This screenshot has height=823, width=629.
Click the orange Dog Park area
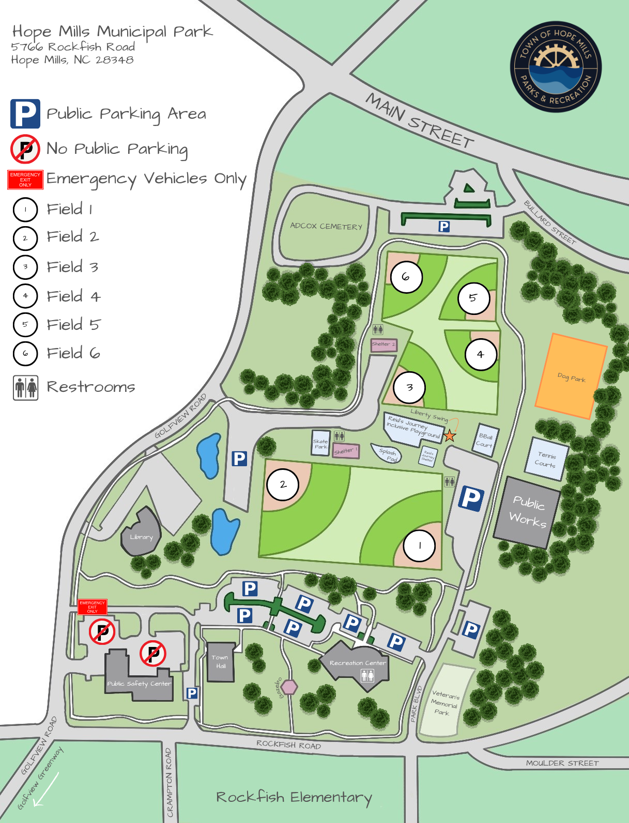(x=571, y=376)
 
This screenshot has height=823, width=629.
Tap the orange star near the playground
(x=450, y=436)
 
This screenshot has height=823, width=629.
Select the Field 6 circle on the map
(x=406, y=277)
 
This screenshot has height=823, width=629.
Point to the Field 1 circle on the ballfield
(x=419, y=545)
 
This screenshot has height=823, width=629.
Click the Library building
(x=141, y=536)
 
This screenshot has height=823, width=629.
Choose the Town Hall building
(x=221, y=662)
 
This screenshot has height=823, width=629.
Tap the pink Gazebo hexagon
(x=289, y=687)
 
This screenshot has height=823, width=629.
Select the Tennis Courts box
(x=547, y=459)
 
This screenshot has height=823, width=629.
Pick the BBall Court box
(x=485, y=440)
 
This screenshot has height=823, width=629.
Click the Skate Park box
(x=320, y=444)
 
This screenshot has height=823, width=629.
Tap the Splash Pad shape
(x=387, y=454)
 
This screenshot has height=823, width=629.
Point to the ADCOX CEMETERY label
(x=326, y=226)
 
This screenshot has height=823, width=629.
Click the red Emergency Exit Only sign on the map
(x=92, y=607)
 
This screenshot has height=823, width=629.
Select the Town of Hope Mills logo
(x=556, y=67)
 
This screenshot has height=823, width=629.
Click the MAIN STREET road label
(x=420, y=120)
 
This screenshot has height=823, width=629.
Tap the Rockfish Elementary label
(x=294, y=797)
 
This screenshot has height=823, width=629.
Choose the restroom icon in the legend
(x=26, y=388)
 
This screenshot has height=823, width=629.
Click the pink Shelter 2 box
(x=384, y=344)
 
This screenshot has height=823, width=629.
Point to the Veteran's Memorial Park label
(x=444, y=702)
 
